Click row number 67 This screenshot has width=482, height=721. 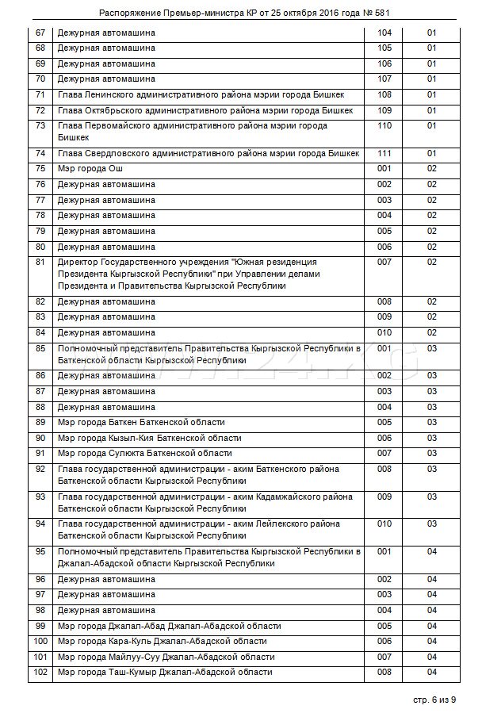[x=40, y=33]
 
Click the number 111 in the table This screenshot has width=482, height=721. [x=384, y=153]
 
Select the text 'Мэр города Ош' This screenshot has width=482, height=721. [x=90, y=169]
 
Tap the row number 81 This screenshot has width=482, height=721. [x=40, y=262]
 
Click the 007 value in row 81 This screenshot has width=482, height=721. [x=384, y=262]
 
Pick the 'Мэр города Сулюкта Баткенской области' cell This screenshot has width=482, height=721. [x=145, y=453]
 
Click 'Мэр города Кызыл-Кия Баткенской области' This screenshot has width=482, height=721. [x=150, y=438]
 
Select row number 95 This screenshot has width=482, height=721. [x=40, y=551]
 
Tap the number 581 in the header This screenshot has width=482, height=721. [x=381, y=13]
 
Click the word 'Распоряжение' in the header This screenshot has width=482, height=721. [x=128, y=13]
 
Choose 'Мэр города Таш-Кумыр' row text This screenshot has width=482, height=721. [x=165, y=672]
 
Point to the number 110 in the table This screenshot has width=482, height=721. [x=384, y=126]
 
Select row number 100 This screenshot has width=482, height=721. [x=40, y=641]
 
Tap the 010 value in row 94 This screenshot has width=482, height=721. [x=384, y=524]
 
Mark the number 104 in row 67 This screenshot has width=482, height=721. [x=384, y=33]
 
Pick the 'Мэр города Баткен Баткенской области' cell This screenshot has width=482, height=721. [x=141, y=422]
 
